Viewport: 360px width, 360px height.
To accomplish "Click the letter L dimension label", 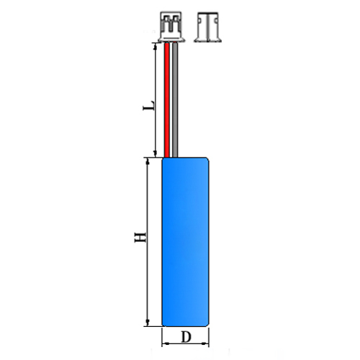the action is pyautogui.click(x=148, y=105).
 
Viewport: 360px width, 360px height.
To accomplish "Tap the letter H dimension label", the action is pyautogui.click(x=140, y=237).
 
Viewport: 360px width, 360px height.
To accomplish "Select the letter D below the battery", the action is pyautogui.click(x=186, y=337).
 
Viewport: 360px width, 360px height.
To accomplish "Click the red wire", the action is pyautogui.click(x=167, y=100).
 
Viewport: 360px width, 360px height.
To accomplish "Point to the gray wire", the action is pyautogui.click(x=175, y=100).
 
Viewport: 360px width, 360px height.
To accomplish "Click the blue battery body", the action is pyautogui.click(x=185, y=242).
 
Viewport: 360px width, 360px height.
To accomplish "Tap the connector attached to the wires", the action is pyautogui.click(x=171, y=27).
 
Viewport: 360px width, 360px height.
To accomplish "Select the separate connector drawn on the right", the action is pyautogui.click(x=207, y=27).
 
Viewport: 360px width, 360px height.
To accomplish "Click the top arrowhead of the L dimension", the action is pyautogui.click(x=155, y=47).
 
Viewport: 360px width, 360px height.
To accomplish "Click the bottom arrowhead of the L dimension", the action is pyautogui.click(x=155, y=153).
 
